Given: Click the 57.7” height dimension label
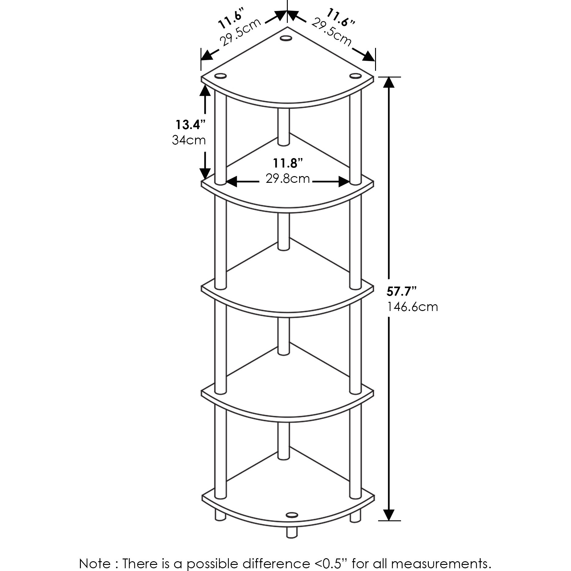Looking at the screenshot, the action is [x=402, y=292].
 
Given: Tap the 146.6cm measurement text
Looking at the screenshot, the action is [x=413, y=307].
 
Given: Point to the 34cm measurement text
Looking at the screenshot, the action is [x=189, y=140].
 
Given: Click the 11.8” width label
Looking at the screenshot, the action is [x=288, y=163].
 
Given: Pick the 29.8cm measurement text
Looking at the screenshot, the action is [x=288, y=179].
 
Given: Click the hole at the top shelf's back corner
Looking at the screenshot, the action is [x=286, y=38].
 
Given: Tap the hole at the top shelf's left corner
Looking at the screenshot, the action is [x=221, y=76].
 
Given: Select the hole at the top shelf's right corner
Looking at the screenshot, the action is [x=355, y=76].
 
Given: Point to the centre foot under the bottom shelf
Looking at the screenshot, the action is [x=291, y=532].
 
